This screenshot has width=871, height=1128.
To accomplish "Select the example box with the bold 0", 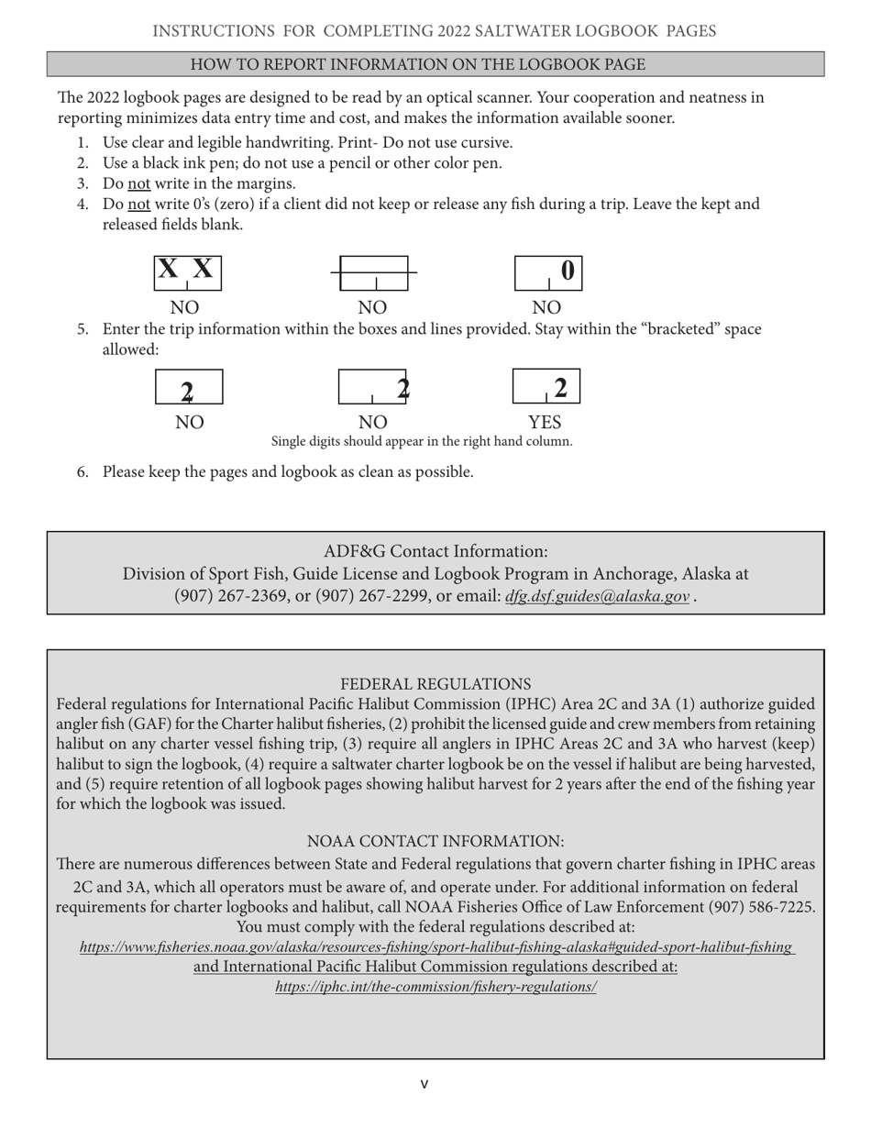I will (547, 273).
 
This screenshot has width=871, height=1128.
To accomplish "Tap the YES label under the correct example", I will (546, 423).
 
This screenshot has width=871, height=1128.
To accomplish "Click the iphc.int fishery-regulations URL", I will (435, 987).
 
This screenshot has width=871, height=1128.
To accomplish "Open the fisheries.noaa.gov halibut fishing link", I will (435, 947).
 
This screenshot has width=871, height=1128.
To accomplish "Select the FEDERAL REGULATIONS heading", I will (435, 684).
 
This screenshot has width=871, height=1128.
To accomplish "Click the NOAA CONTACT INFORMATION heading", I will (435, 841).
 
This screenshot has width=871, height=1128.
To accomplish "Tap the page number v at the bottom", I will (424, 1084).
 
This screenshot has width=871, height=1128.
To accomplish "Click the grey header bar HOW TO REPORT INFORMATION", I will (435, 64).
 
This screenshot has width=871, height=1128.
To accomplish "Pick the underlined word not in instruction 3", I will (138, 183).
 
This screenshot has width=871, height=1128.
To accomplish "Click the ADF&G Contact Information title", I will (435, 551).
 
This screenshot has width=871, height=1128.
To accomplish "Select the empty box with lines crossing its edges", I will (373, 273).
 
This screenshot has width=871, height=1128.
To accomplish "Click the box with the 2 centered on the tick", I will (188, 388).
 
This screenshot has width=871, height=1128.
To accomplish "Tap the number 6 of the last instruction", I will (82, 472).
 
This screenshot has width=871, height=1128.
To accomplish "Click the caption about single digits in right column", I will (422, 441).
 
